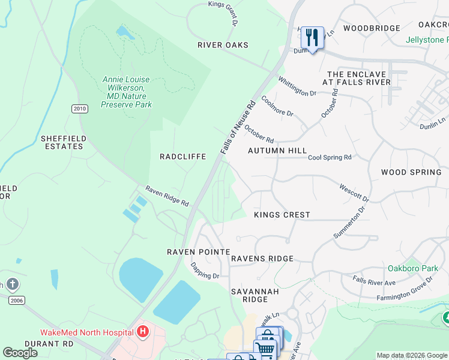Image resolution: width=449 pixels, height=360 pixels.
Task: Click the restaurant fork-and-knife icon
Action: (x=312, y=38)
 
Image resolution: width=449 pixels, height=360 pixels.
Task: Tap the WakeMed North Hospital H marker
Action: (x=142, y=331)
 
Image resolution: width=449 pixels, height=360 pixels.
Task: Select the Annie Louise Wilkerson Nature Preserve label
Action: (x=126, y=92)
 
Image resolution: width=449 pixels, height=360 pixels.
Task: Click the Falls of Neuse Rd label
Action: (x=238, y=127)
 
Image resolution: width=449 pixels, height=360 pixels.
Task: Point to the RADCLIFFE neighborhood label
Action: (x=183, y=157)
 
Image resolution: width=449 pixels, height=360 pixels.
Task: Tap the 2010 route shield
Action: (x=79, y=109)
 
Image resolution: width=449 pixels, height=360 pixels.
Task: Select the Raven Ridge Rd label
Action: (x=167, y=196)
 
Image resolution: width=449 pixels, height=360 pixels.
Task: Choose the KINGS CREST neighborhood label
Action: (x=282, y=215)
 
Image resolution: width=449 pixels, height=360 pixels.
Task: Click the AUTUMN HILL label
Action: (x=277, y=151)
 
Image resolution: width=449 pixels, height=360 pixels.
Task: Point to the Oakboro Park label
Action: (x=421, y=268)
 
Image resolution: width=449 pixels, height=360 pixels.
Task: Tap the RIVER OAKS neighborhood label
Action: (x=223, y=45)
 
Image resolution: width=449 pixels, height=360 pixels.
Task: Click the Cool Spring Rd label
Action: (x=330, y=157)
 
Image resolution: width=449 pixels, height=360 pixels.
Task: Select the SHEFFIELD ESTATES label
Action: (x=62, y=142)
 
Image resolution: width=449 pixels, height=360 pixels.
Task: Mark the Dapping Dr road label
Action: (x=205, y=271)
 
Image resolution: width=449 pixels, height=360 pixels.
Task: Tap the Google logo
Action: (x=20, y=353)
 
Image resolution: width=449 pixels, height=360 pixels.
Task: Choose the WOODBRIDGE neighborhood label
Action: (x=372, y=28)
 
